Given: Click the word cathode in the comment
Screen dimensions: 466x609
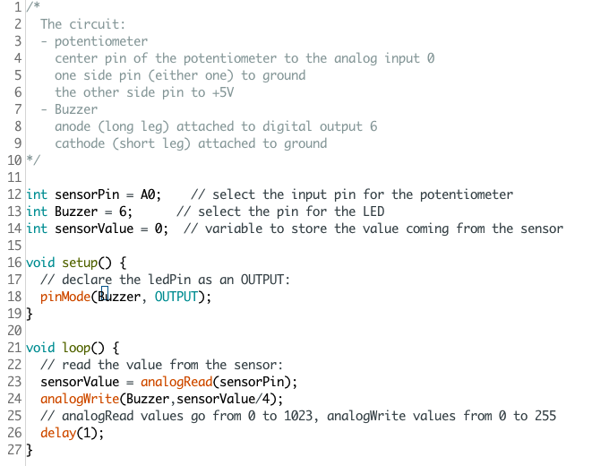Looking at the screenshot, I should [80, 143].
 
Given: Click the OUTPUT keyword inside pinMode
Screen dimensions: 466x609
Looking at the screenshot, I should [176, 297].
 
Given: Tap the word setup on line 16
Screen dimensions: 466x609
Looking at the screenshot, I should [79, 263].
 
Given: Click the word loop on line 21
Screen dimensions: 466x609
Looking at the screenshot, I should [75, 348].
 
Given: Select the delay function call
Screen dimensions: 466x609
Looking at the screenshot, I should [57, 433].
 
